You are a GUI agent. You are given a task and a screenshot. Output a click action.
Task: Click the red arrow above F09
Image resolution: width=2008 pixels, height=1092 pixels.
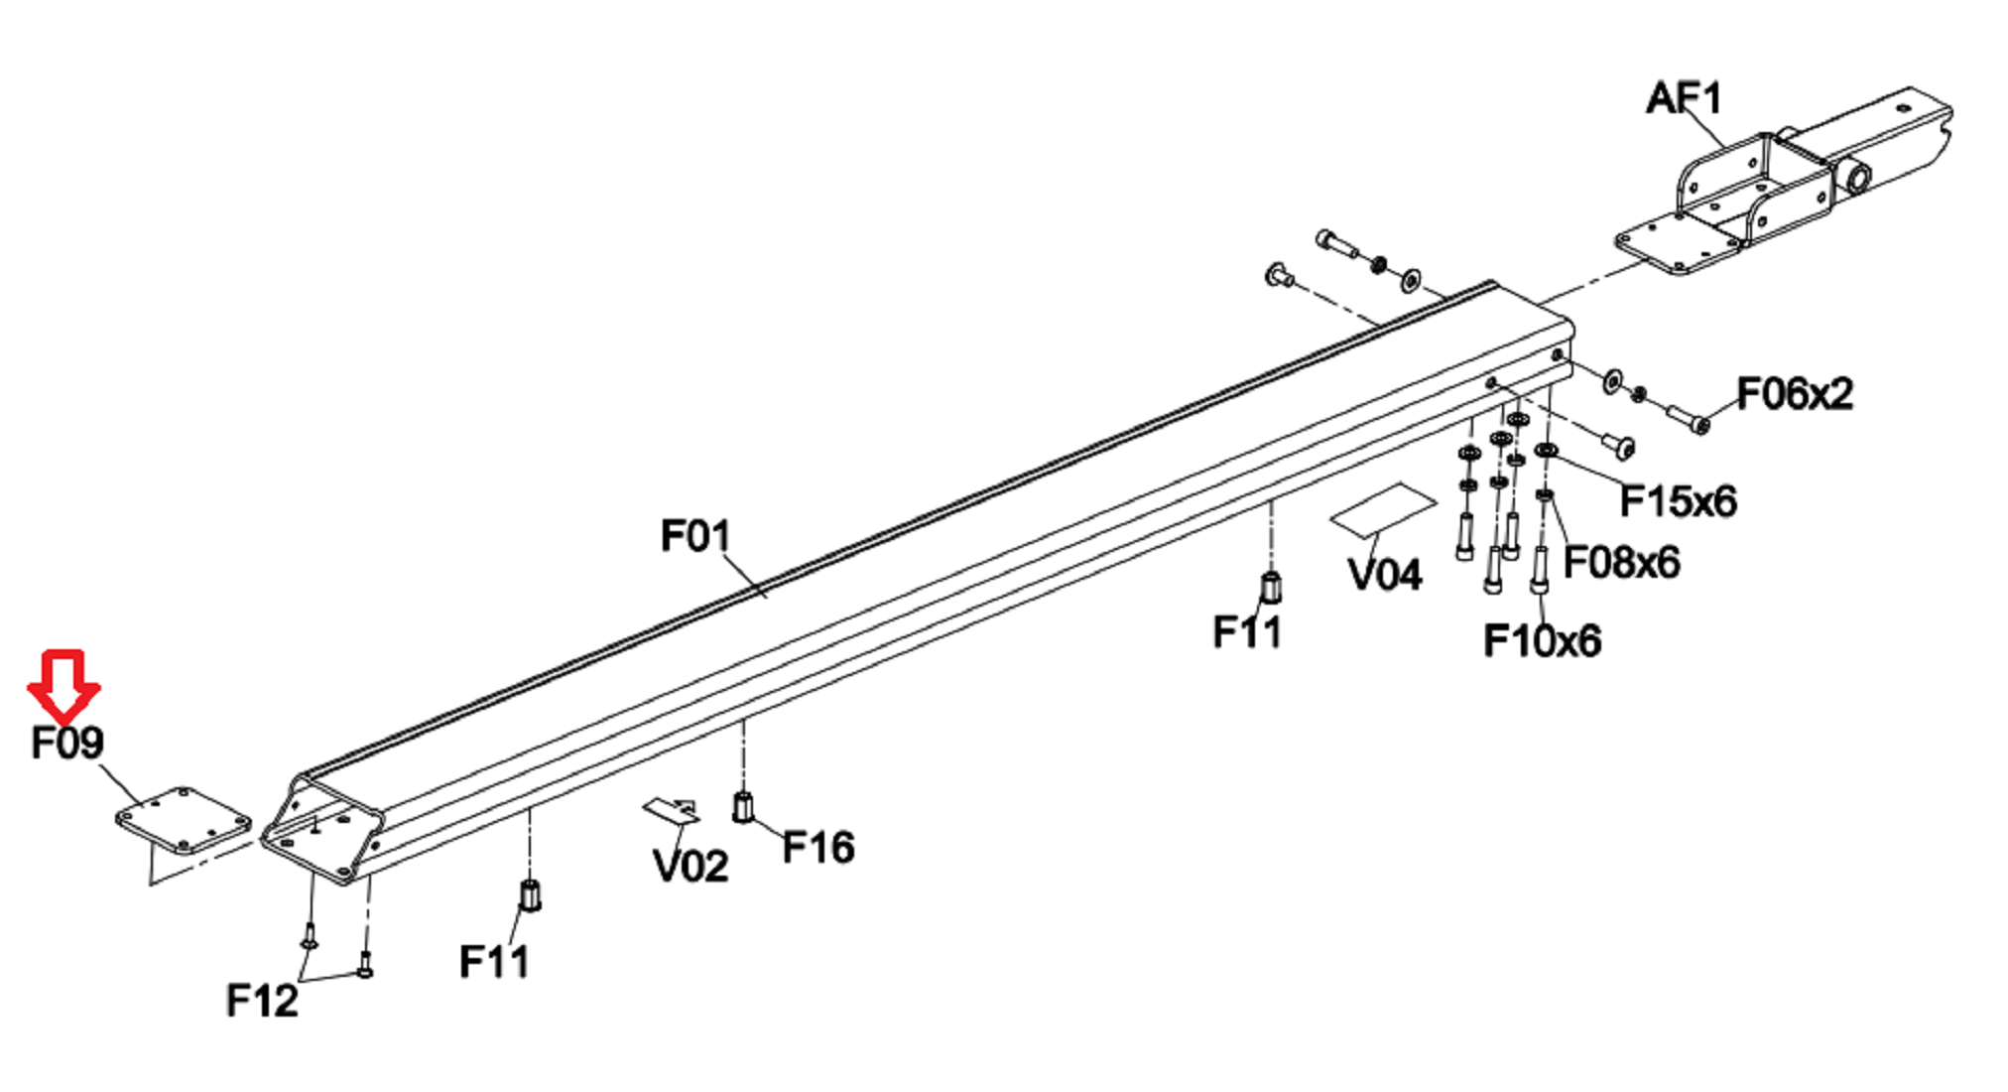point(64,686)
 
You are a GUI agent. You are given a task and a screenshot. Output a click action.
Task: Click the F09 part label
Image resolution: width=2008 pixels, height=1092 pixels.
point(66,743)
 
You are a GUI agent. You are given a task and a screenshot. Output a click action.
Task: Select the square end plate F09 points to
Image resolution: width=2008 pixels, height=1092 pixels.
point(184,821)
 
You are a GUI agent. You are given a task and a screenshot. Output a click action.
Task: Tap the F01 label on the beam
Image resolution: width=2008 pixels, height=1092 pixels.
point(695,536)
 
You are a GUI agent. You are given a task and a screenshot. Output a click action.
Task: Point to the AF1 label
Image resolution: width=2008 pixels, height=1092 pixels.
point(1684,98)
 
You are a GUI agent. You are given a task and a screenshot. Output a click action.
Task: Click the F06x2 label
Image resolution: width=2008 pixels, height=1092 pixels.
point(1794,394)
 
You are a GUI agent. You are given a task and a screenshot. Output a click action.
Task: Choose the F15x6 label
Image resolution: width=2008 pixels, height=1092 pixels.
point(1678,501)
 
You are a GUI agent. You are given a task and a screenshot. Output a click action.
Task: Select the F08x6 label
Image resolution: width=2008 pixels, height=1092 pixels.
point(1621,563)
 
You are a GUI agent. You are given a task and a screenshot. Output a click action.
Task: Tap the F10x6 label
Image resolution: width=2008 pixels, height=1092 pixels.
point(1542,641)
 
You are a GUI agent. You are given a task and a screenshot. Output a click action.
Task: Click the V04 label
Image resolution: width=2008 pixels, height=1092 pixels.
point(1385,575)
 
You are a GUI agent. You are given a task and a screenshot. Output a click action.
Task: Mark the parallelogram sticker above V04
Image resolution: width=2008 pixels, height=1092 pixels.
point(1382,509)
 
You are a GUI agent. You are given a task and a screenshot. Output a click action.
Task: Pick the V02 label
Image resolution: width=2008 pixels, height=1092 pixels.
point(690,867)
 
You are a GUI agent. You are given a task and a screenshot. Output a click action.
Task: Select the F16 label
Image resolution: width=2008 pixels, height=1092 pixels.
point(817,848)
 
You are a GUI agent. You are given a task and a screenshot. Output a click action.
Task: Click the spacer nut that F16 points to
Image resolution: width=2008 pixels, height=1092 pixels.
point(742,806)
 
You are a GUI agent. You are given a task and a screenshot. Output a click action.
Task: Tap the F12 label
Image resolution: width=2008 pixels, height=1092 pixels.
point(262,1001)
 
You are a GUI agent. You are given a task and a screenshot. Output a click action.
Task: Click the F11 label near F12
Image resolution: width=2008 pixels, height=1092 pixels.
point(493,962)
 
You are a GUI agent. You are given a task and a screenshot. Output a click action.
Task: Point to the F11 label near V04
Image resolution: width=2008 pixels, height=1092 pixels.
point(1247,632)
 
